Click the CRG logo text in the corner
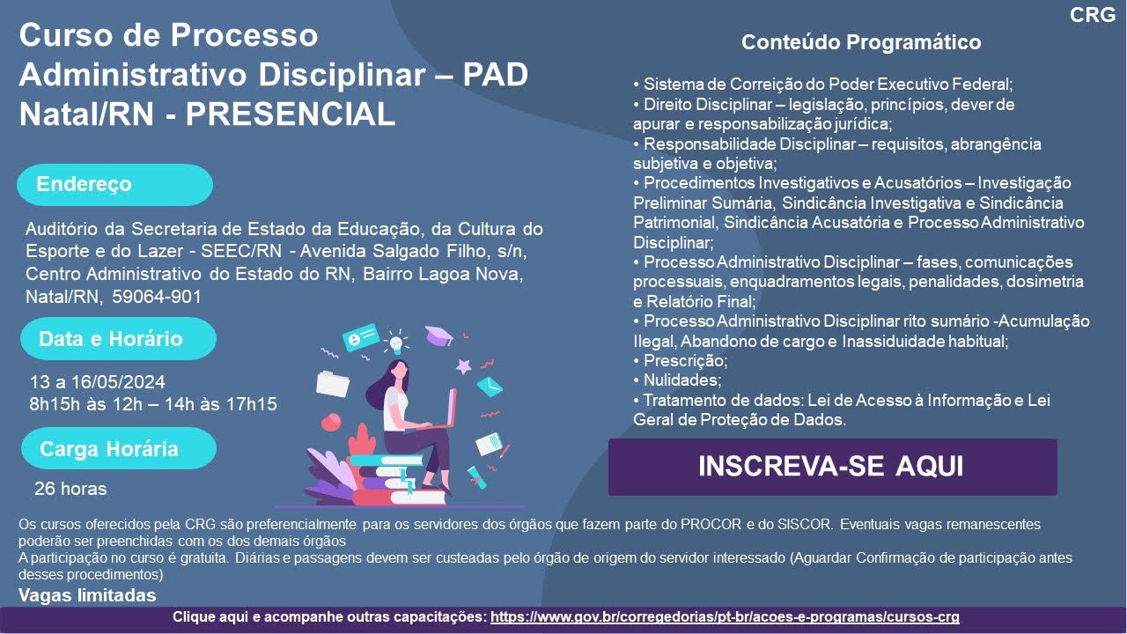tap(1093, 15)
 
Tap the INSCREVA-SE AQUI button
tap(832, 467)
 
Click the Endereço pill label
tap(114, 185)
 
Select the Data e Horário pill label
tap(118, 339)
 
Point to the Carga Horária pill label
tap(119, 448)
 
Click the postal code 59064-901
tap(157, 297)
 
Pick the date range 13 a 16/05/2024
tap(98, 382)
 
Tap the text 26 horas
tap(70, 489)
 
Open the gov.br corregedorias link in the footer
tap(725, 617)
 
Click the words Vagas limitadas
tap(87, 595)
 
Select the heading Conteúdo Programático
tap(861, 42)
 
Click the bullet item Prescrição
tap(681, 361)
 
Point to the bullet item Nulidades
tap(677, 380)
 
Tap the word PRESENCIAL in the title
tap(291, 114)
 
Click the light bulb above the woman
tap(396, 343)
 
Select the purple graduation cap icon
tap(438, 335)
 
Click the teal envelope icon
tap(490, 387)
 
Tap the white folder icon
tap(333, 384)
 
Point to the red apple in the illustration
tap(331, 422)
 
